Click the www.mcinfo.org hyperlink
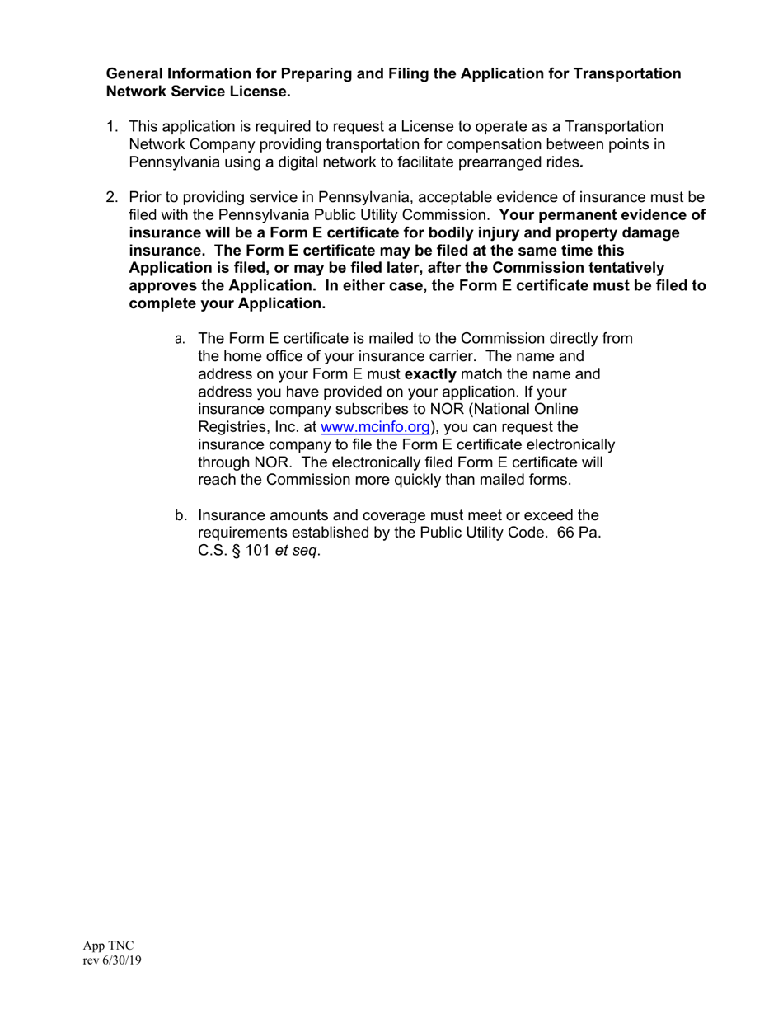pyautogui.click(x=375, y=427)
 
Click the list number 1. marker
pyautogui.click(x=112, y=127)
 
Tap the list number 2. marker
pyautogui.click(x=112, y=198)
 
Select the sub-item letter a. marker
pyautogui.click(x=180, y=339)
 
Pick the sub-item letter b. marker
pyautogui.click(x=181, y=516)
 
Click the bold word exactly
pyautogui.click(x=430, y=374)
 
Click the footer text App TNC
pyautogui.click(x=107, y=946)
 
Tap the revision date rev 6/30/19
pyautogui.click(x=112, y=960)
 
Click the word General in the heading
pyautogui.click(x=135, y=74)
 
